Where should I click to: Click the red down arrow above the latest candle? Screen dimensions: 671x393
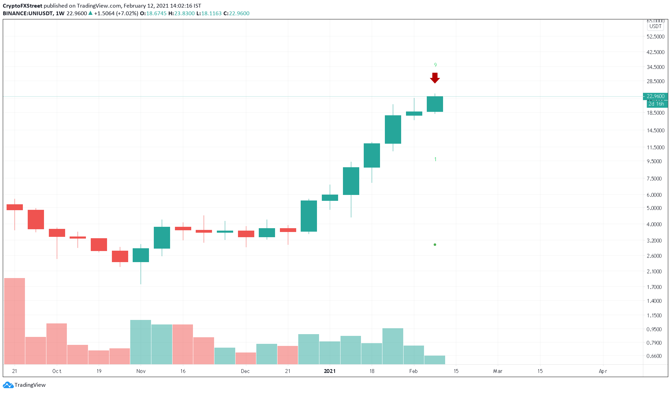click(435, 78)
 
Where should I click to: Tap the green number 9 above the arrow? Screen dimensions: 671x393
click(435, 65)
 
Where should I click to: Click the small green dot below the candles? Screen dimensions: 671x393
click(435, 244)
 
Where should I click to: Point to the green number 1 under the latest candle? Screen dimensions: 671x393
click(435, 159)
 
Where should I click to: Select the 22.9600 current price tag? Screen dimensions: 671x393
click(655, 96)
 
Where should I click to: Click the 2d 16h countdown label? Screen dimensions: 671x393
click(656, 104)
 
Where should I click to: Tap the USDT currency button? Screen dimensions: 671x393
click(655, 26)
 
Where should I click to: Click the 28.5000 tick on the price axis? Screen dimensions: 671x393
click(655, 81)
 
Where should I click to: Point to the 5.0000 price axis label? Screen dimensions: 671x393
click(654, 208)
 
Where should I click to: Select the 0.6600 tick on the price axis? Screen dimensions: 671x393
click(654, 356)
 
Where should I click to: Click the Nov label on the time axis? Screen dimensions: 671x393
click(141, 371)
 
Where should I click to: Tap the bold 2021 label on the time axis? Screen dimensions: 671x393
click(330, 371)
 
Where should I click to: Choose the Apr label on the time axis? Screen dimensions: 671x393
click(603, 371)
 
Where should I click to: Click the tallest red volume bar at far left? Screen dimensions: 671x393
click(15, 321)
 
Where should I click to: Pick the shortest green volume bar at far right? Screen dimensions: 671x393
click(435, 360)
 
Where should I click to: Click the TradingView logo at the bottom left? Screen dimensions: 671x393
click(24, 385)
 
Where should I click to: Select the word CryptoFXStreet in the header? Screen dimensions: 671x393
click(23, 6)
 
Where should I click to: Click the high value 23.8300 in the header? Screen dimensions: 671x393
click(184, 14)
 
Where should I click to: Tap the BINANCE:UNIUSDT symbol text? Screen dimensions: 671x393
click(28, 14)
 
